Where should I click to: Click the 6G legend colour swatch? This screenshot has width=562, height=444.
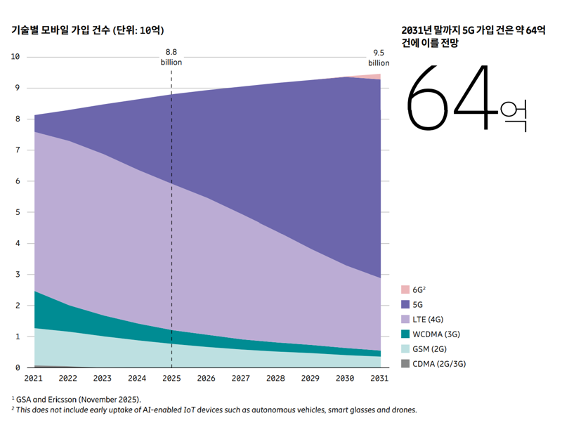coord(405,289)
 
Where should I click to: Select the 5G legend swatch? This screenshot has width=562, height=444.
coord(405,304)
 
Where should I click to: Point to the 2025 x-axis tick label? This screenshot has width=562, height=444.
coord(171,379)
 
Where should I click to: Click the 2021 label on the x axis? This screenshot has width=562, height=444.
coord(33,379)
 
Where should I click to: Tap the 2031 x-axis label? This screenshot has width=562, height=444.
coord(379,379)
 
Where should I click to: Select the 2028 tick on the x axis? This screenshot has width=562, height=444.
coord(275,379)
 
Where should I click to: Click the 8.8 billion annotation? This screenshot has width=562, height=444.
coord(171,57)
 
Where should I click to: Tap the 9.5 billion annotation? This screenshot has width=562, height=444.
coord(379,57)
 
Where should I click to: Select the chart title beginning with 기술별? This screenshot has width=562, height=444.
coord(88,30)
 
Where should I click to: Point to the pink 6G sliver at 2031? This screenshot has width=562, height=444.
coord(377,76)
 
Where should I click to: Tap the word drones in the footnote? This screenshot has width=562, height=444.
coord(405,410)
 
